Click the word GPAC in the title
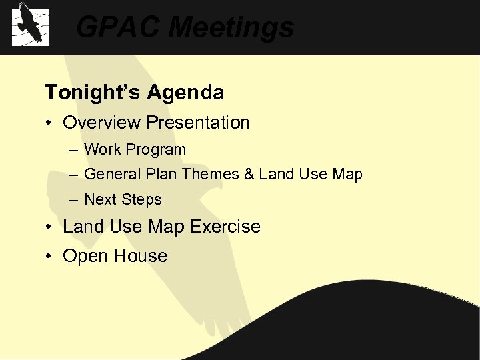point(117,28)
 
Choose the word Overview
point(102,123)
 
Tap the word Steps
point(141,199)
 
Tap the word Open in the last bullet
point(84,257)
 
